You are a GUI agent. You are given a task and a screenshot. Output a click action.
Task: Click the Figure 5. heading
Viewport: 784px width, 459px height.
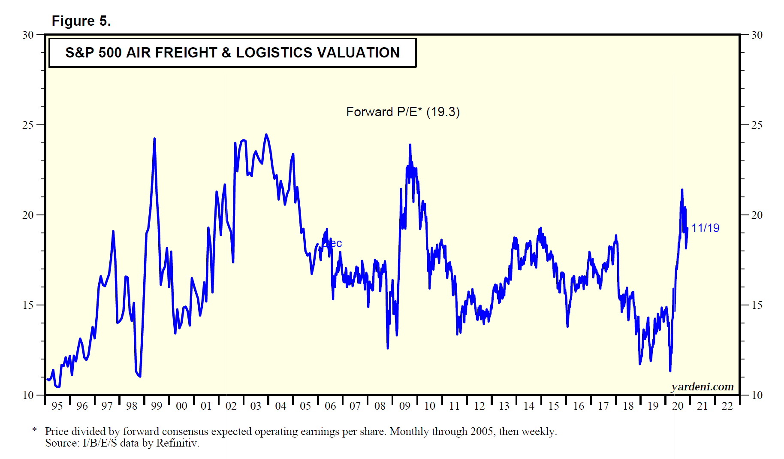tap(81, 21)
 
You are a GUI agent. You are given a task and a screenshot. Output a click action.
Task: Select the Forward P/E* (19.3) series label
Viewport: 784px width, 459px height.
tap(403, 112)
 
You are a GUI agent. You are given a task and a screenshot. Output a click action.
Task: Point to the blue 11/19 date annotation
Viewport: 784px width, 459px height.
tap(705, 228)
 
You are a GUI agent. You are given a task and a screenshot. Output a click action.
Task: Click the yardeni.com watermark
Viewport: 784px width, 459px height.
tap(702, 387)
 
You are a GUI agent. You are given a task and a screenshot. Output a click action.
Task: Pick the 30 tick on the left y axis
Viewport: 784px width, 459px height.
tap(28, 35)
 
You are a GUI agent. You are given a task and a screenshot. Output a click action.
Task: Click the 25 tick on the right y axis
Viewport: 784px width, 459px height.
tap(757, 125)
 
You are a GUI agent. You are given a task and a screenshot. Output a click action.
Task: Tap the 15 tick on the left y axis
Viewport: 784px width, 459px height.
tap(28, 305)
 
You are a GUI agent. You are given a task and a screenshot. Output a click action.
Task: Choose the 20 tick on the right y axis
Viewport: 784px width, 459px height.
tap(757, 215)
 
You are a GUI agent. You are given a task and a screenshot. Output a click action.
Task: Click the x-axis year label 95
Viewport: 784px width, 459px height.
tap(57, 406)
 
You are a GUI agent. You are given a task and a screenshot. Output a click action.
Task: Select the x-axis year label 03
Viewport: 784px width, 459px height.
tap(256, 406)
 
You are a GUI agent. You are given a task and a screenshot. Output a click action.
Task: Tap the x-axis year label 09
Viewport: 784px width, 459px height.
tap(404, 406)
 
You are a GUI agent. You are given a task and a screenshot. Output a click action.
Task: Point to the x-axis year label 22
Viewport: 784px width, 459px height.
tap(727, 406)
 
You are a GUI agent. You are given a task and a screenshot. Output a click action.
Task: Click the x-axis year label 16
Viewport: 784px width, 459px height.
tap(579, 406)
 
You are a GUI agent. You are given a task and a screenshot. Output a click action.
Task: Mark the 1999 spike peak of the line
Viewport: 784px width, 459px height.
tap(154, 139)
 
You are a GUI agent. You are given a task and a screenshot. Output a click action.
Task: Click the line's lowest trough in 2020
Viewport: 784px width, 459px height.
tap(670, 371)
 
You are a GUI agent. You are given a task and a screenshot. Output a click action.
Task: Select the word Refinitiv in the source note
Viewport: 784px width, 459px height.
tap(177, 443)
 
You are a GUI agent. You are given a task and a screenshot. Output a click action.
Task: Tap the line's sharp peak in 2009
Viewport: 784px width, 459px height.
tap(410, 145)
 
